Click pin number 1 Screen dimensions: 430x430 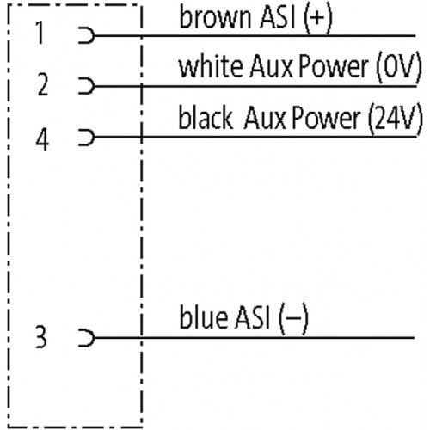[40, 33]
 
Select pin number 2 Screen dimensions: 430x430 [43, 84]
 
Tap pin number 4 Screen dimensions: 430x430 [42, 139]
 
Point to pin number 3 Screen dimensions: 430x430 [41, 337]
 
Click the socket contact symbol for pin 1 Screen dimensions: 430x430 [92, 35]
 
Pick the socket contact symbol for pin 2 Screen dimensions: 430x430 [92, 86]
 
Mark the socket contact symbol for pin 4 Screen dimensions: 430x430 [92, 138]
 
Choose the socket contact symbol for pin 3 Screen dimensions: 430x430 [92, 338]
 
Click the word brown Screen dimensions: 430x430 [215, 16]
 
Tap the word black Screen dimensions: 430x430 [206, 117]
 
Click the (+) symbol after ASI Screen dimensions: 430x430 [318, 18]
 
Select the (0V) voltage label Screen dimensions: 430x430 [399, 67]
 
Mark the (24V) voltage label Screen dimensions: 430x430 [396, 118]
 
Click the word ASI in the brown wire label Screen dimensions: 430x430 [277, 17]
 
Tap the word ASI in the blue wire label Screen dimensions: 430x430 [252, 317]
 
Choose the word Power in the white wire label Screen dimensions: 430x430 [334, 66]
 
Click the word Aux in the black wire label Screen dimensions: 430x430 [265, 117]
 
